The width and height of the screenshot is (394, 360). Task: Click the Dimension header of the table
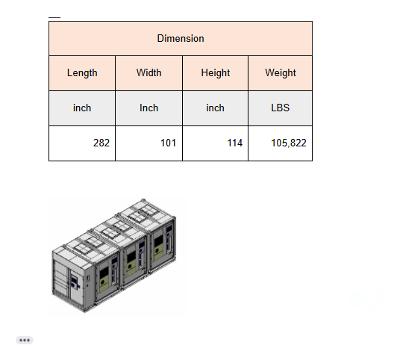click(181, 39)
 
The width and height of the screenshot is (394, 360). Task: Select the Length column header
click(82, 73)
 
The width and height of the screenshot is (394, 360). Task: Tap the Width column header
click(148, 72)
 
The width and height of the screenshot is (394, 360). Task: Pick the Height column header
click(216, 73)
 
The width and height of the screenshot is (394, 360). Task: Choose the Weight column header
click(281, 73)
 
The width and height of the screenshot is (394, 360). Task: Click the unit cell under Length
click(82, 108)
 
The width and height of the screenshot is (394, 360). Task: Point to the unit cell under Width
click(148, 108)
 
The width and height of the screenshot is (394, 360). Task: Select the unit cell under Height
click(215, 108)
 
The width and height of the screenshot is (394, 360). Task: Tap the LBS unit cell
click(280, 108)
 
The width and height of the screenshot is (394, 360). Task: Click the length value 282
click(101, 143)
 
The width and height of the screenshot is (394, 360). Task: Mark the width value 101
click(168, 143)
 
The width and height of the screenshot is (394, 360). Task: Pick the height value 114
click(235, 143)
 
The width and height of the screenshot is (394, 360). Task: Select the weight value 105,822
click(289, 143)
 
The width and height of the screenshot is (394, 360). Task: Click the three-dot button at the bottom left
click(25, 340)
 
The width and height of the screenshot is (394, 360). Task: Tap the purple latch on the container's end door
click(74, 282)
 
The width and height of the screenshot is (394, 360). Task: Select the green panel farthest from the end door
click(158, 247)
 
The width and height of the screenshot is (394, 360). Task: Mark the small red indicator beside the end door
click(88, 279)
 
